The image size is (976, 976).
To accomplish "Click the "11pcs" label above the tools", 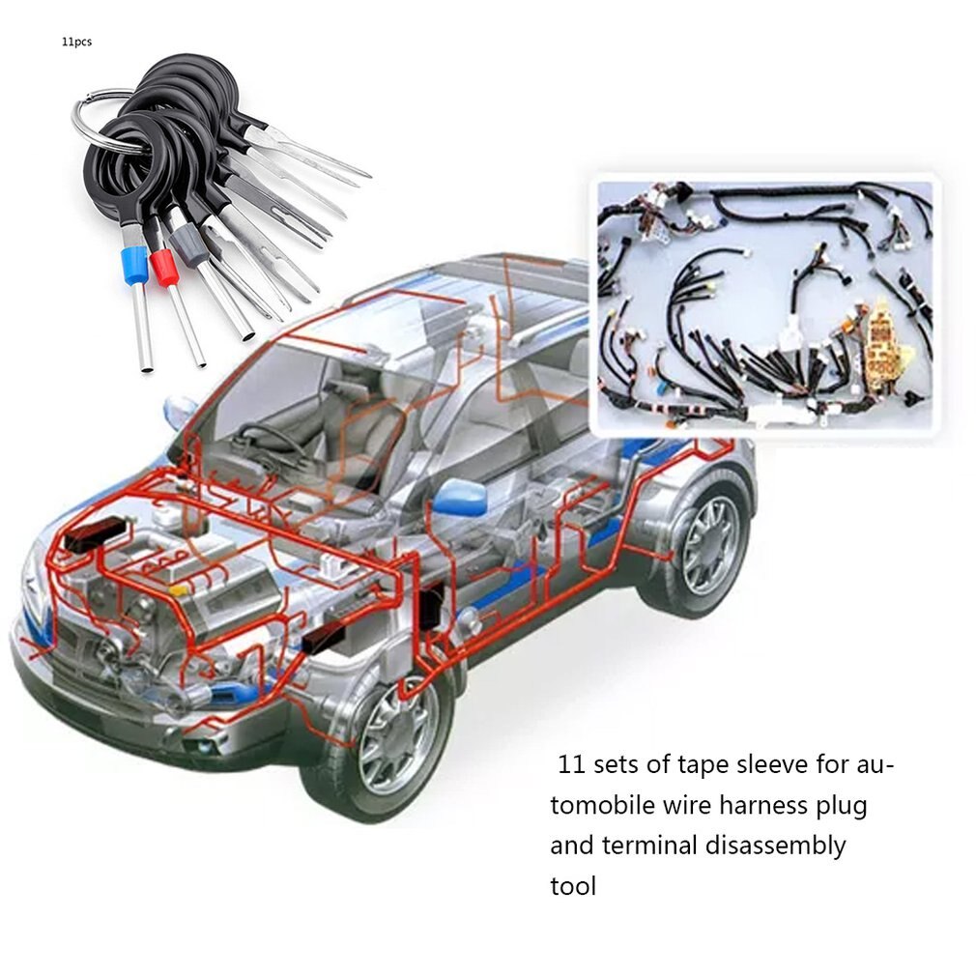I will point(76,42).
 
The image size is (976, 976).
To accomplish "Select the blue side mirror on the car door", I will point(458,500).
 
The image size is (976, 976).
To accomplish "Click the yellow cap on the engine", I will point(180,587).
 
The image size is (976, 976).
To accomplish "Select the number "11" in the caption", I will point(572,765).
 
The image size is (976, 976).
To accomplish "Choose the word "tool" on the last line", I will point(573,885).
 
